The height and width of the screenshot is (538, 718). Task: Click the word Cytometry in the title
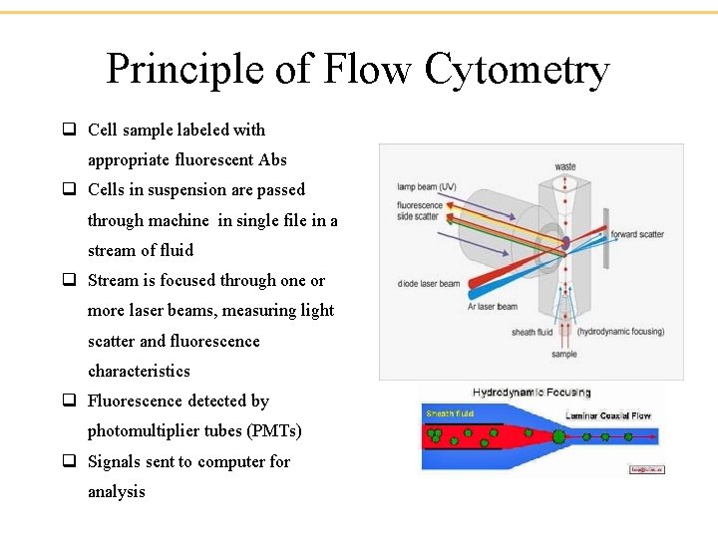(516, 71)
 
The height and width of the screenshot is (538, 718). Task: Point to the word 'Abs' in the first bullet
(272, 159)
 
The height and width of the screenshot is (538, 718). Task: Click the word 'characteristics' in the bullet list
(139, 371)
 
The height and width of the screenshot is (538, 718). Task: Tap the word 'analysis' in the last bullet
(116, 491)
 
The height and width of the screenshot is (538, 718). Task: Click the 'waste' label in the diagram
(565, 166)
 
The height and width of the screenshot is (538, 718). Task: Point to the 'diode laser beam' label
(429, 284)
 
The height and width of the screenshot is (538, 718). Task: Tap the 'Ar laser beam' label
(493, 307)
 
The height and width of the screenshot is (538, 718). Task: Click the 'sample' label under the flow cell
(564, 355)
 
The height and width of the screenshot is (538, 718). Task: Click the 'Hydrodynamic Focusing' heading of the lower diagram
(532, 393)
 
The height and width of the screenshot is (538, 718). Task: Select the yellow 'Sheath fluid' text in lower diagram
(450, 413)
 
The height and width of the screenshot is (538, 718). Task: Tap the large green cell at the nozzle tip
(558, 436)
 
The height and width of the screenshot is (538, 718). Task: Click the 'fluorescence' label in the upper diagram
(419, 206)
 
